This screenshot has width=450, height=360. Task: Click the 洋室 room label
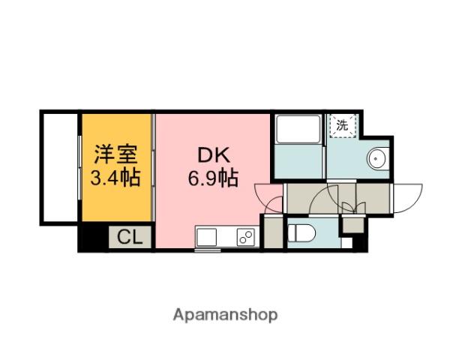pos(115,156)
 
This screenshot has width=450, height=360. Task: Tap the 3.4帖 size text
pos(115,178)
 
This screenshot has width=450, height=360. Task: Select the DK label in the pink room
pos(212,156)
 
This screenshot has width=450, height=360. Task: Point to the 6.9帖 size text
pos(212,178)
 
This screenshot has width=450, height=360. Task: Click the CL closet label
pos(130,238)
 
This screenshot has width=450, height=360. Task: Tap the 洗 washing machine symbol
pos(342,126)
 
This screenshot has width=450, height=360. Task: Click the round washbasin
pos(376,158)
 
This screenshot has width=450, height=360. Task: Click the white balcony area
pos(59,166)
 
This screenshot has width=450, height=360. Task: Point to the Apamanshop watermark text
pos(226,315)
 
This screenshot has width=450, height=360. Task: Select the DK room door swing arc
pos(268,197)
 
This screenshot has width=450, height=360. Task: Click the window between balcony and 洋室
pos(80,166)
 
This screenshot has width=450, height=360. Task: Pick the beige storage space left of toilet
pos(273,233)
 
